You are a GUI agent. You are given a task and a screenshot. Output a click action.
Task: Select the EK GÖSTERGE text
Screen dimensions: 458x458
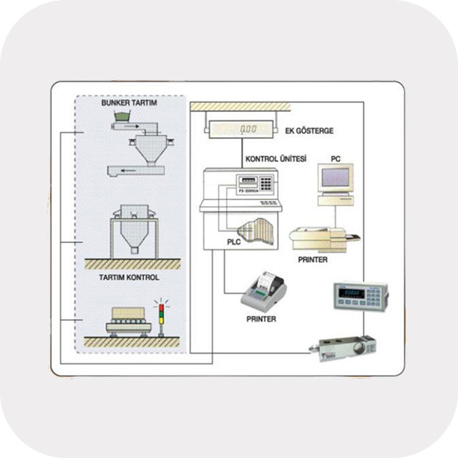[x=310, y=131]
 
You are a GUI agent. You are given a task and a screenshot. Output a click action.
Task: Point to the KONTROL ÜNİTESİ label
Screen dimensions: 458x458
[x=275, y=160]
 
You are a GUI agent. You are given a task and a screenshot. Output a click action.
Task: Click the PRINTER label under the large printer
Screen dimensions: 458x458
[x=313, y=260]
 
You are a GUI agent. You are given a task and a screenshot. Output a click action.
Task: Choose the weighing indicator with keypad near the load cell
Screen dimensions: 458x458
[x=359, y=297]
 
